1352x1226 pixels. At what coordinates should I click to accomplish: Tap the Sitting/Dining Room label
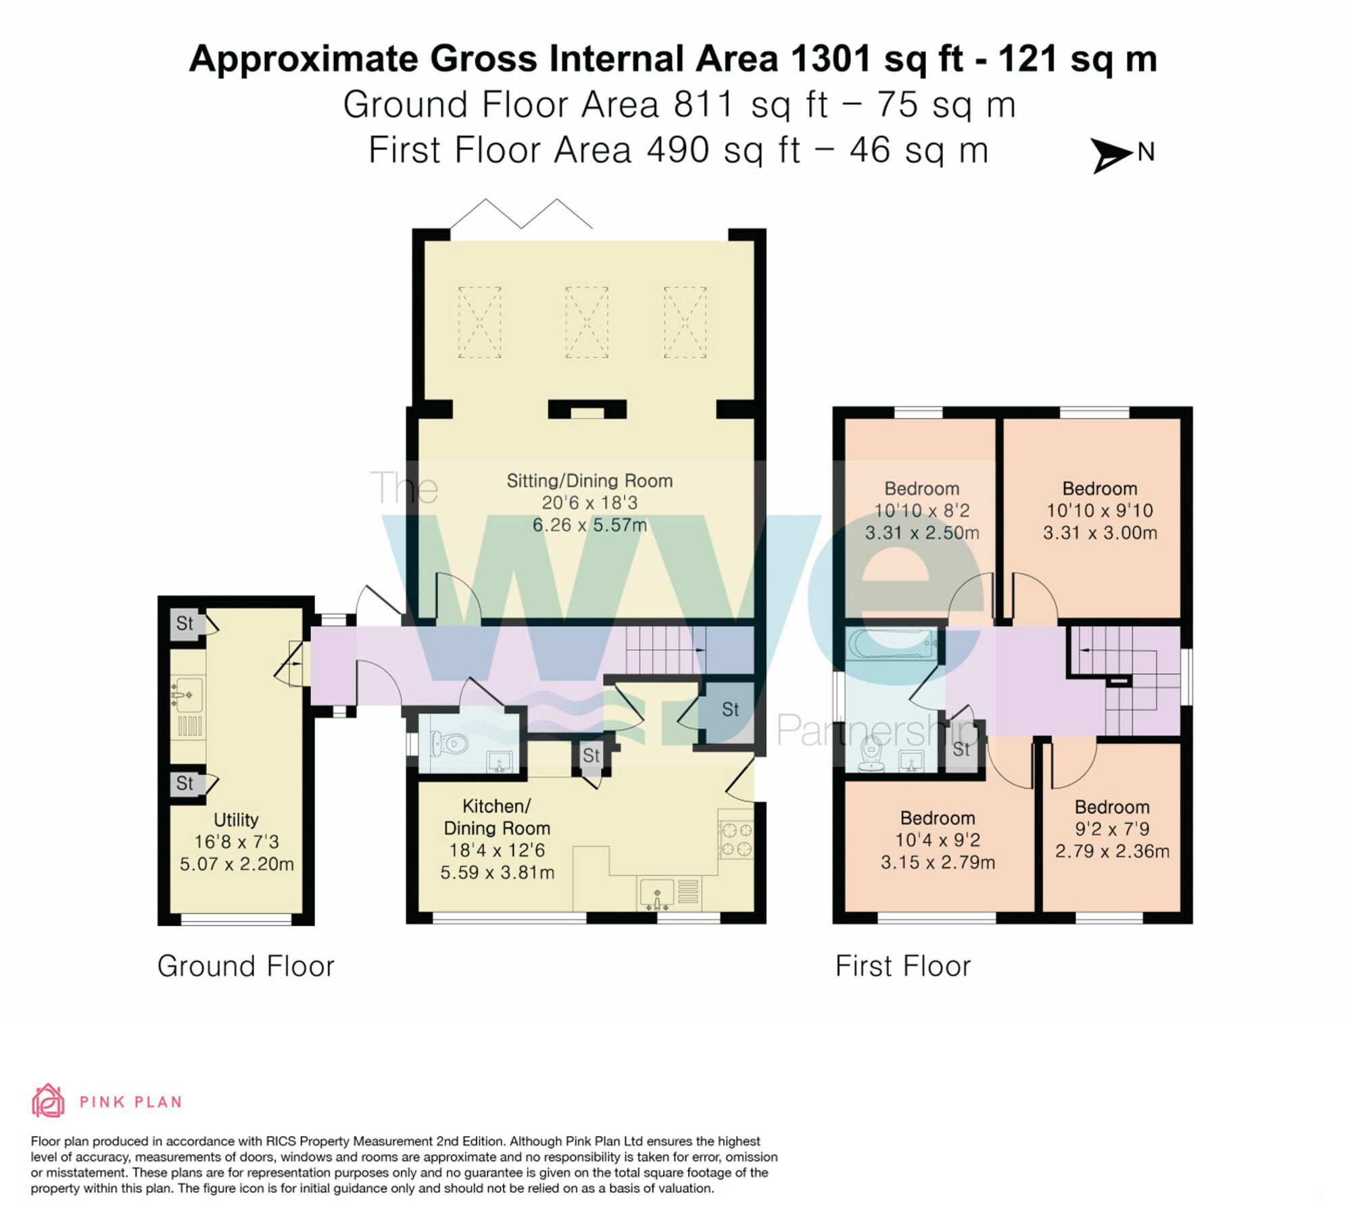(x=589, y=481)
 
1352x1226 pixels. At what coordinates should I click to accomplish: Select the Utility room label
(x=236, y=820)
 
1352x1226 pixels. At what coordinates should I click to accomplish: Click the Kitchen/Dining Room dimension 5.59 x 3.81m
(x=498, y=873)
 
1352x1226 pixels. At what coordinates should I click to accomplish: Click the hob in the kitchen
(x=736, y=839)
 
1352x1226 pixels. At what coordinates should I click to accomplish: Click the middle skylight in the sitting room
(x=586, y=322)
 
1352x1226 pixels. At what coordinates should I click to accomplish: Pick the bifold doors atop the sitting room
(x=521, y=213)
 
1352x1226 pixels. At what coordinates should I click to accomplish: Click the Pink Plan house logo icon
(x=48, y=1102)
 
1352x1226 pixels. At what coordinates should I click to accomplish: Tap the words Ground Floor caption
(x=245, y=966)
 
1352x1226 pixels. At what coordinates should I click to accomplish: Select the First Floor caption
(x=902, y=966)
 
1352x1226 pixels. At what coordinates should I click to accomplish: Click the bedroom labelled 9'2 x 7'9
(x=1112, y=829)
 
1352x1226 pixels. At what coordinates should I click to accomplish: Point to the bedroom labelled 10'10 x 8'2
(x=921, y=511)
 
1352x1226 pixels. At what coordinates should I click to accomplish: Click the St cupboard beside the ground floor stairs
(x=729, y=709)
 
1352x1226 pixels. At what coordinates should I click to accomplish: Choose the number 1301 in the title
(x=829, y=59)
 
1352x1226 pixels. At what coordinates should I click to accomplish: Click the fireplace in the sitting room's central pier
(x=587, y=410)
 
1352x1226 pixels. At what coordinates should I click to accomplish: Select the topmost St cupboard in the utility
(x=185, y=623)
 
